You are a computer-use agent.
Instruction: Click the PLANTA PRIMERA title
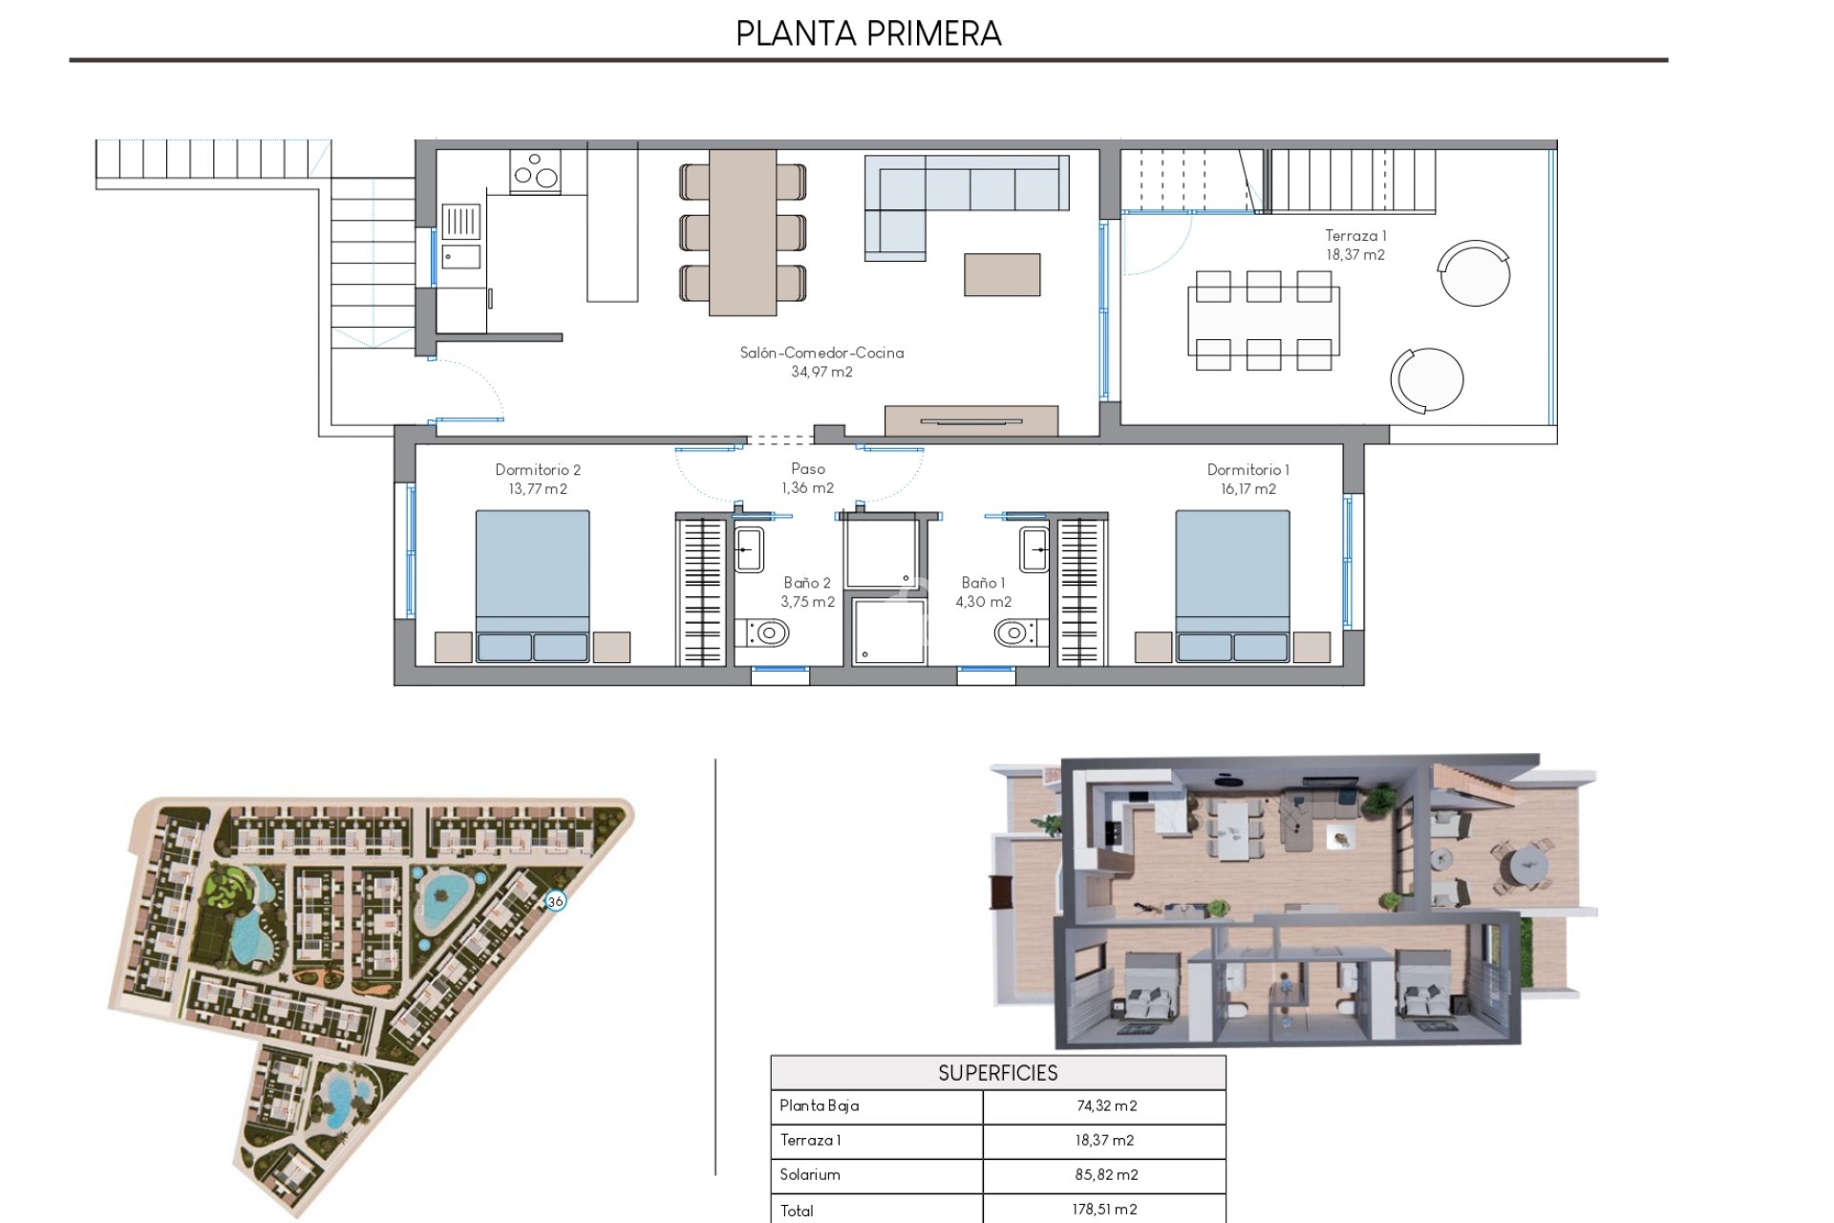[867, 33]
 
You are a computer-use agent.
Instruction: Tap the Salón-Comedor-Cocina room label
[821, 361]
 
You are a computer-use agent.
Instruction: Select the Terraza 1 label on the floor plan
[1354, 245]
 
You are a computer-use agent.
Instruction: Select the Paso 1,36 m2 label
[807, 478]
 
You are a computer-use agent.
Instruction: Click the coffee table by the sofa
[1002, 274]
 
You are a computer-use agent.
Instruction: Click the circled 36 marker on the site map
[555, 901]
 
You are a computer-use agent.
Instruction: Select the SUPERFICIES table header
[997, 1073]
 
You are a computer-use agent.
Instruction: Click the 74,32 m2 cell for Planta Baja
[1106, 1105]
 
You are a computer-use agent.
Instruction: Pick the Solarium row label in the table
[810, 1174]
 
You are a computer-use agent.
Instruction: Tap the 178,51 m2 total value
[1104, 1209]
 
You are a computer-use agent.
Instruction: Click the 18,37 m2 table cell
[1104, 1140]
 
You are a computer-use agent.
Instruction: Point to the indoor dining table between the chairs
[742, 231]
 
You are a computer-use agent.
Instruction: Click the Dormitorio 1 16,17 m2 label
[1248, 479]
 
